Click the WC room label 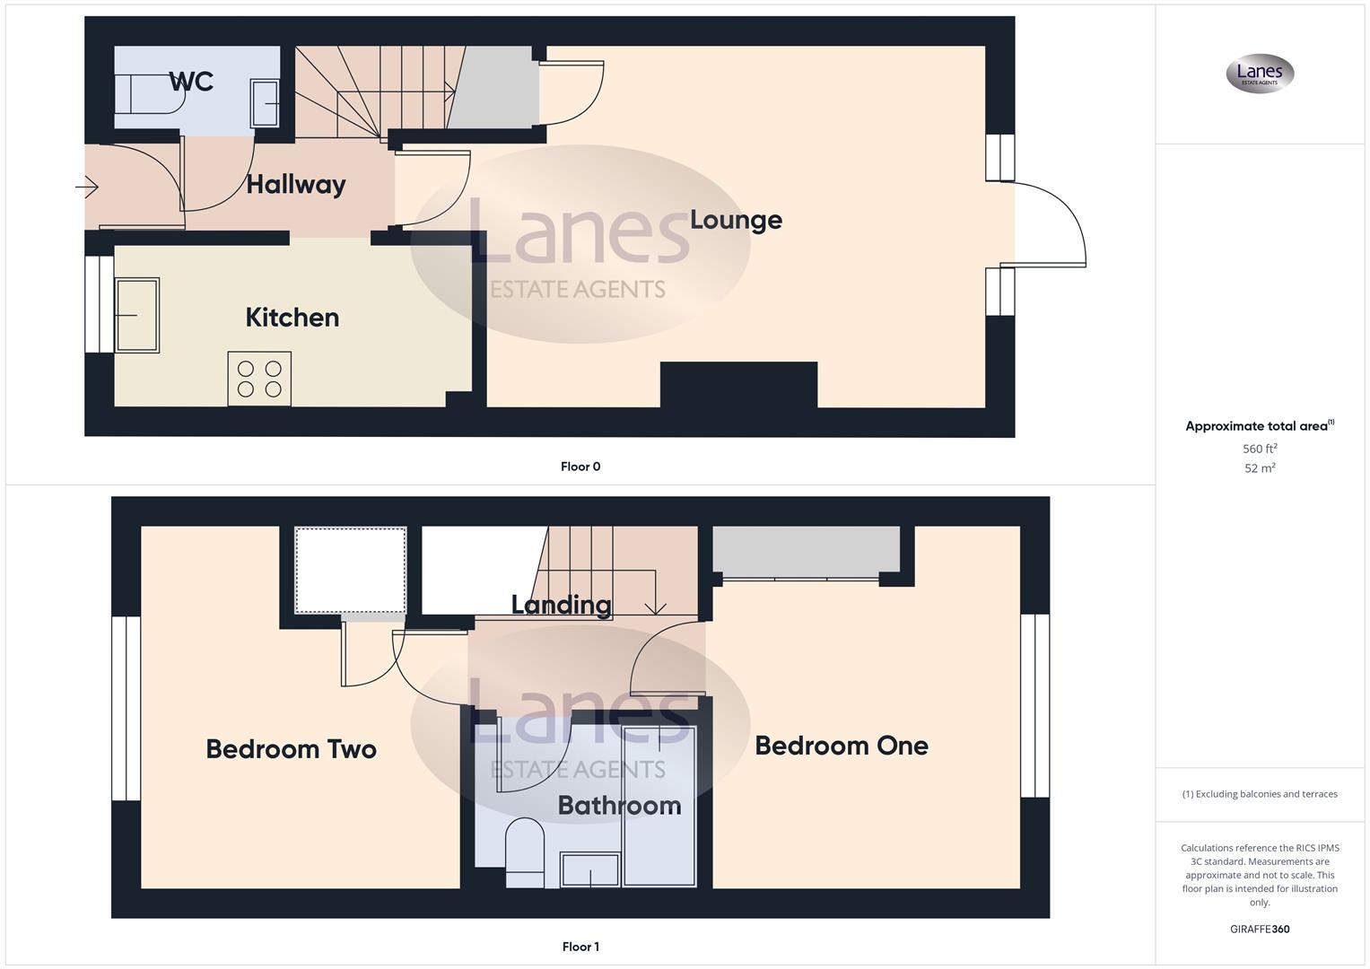[191, 82]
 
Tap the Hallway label [296, 185]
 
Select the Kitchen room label [292, 318]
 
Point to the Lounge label [736, 220]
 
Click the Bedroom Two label [291, 749]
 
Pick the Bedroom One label [842, 746]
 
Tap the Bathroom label [619, 806]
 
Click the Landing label [562, 605]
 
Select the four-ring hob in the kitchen [259, 379]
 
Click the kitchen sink [137, 315]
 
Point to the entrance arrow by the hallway [87, 188]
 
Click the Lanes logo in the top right [1260, 74]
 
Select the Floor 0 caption [580, 467]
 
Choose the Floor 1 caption [580, 947]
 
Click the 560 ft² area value [1260, 449]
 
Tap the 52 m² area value [1260, 468]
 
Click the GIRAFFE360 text [1260, 930]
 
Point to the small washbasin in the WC [265, 103]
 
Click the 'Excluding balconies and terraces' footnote [1260, 794]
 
